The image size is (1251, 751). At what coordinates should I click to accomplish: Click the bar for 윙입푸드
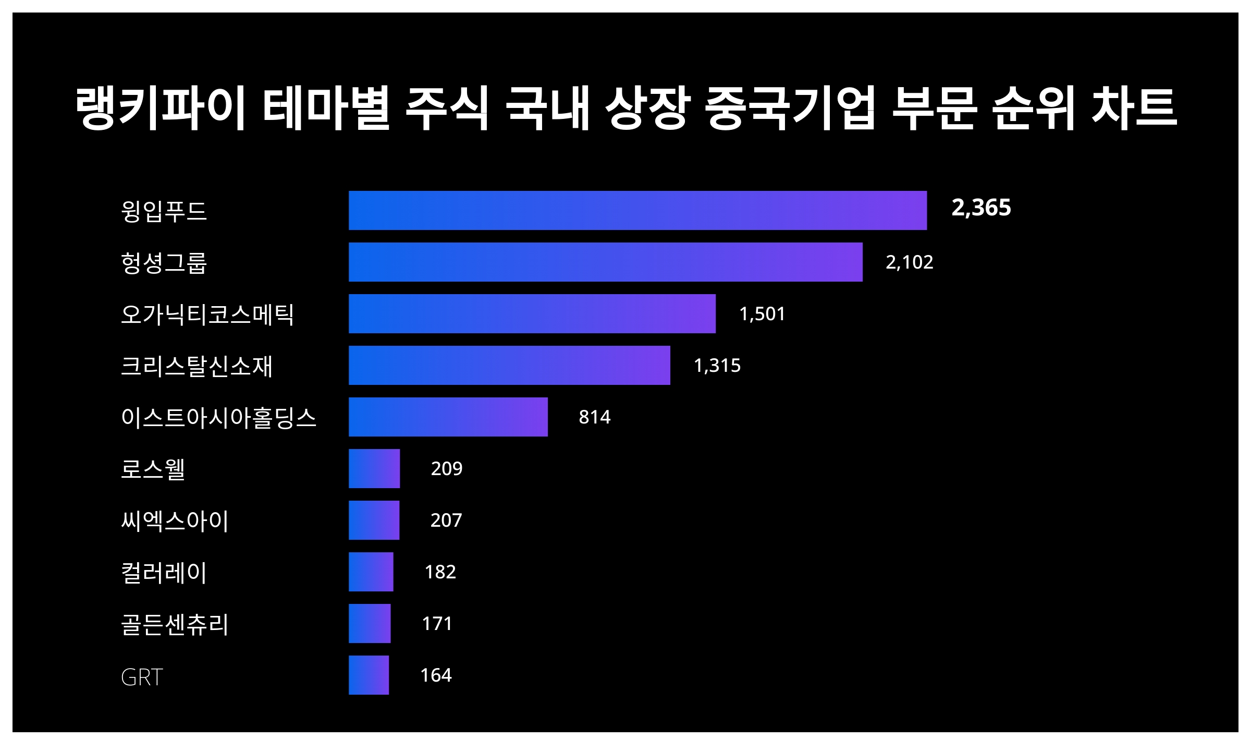pyautogui.click(x=637, y=210)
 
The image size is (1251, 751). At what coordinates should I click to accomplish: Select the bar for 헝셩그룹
pyautogui.click(x=605, y=262)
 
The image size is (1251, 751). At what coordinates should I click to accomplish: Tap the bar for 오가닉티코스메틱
pyautogui.click(x=532, y=313)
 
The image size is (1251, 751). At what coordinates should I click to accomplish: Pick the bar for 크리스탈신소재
pyautogui.click(x=509, y=365)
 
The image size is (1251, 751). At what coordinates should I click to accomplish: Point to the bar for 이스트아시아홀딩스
pyautogui.click(x=448, y=417)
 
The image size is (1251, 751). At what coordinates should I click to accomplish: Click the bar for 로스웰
pyautogui.click(x=374, y=468)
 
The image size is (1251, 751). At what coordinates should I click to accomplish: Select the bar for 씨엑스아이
pyautogui.click(x=374, y=520)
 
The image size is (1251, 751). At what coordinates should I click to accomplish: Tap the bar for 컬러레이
pyautogui.click(x=371, y=572)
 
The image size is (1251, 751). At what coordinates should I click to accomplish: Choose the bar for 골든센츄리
pyautogui.click(x=370, y=623)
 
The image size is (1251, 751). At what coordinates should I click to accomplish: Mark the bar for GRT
pyautogui.click(x=369, y=675)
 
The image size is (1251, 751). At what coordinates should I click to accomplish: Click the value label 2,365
pyautogui.click(x=981, y=208)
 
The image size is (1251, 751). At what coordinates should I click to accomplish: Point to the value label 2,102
pyautogui.click(x=909, y=262)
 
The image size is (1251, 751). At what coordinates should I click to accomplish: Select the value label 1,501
pyautogui.click(x=762, y=313)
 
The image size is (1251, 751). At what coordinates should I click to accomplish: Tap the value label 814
pyautogui.click(x=594, y=417)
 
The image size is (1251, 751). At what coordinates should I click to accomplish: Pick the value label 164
pyautogui.click(x=436, y=675)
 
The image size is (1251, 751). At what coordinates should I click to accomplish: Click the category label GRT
pyautogui.click(x=142, y=677)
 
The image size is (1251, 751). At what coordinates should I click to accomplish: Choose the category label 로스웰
pyautogui.click(x=153, y=468)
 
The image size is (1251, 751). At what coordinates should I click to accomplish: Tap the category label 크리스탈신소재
pyautogui.click(x=197, y=366)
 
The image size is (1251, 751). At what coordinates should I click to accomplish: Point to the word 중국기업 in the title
pyautogui.click(x=790, y=108)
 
